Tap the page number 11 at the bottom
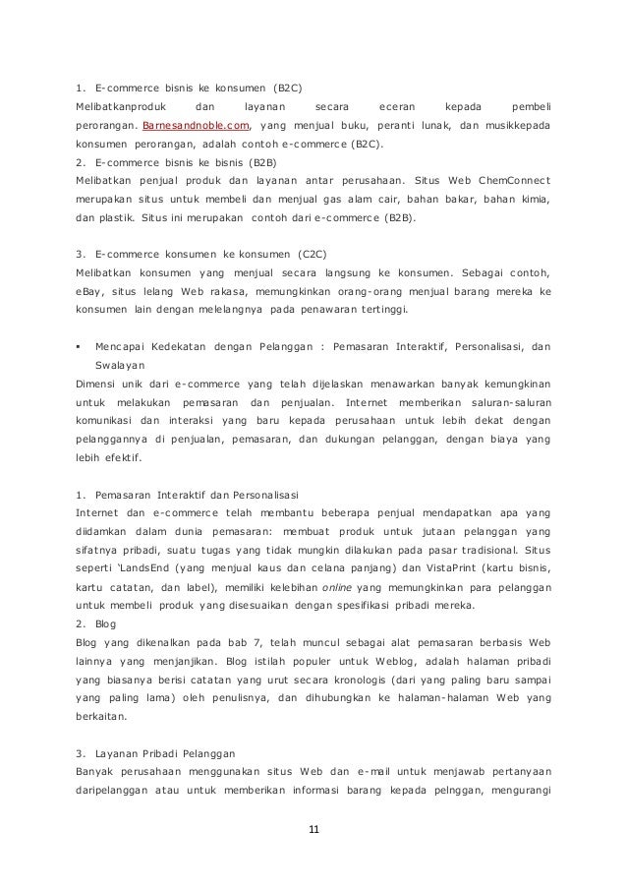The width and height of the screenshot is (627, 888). [313, 832]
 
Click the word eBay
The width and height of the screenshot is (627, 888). [91, 293]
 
